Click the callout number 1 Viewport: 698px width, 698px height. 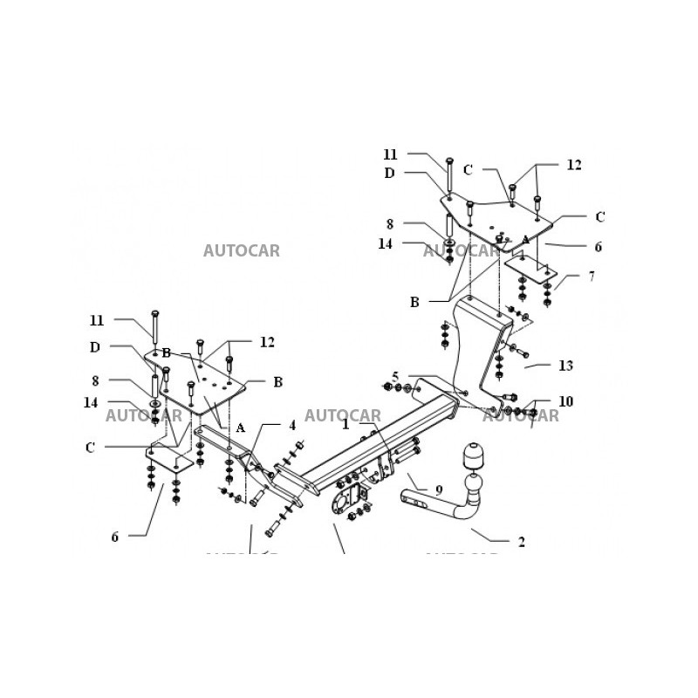(346, 424)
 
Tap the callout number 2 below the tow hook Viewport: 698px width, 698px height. (521, 542)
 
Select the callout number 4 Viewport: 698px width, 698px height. (292, 426)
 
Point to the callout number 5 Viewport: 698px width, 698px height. (394, 376)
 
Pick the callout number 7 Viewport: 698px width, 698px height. (592, 277)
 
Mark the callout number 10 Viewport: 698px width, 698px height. (566, 402)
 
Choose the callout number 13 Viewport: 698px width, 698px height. (566, 365)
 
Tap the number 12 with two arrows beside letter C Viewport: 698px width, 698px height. (573, 165)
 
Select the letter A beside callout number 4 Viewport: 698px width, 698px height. (240, 428)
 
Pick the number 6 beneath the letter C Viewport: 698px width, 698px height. (114, 537)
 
